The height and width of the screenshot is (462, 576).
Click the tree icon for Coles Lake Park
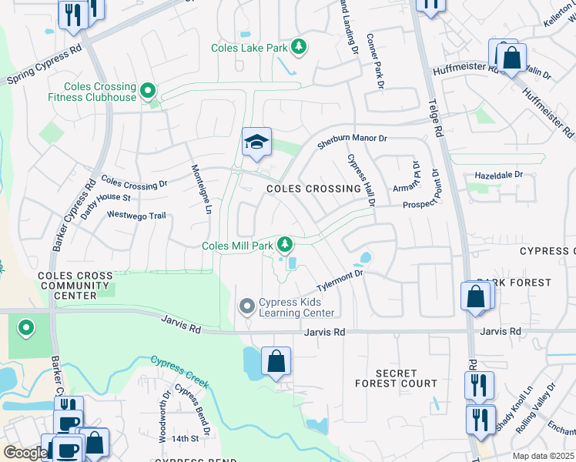tap(298, 48)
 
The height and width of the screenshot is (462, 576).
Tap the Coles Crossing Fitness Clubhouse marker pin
tap(149, 92)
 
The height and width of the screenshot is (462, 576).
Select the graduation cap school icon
tap(256, 142)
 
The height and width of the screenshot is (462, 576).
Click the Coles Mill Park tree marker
tap(286, 246)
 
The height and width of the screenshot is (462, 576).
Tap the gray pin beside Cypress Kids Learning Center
tap(247, 307)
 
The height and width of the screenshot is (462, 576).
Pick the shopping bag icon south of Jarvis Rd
tap(276, 361)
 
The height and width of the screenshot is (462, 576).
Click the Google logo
tap(25, 453)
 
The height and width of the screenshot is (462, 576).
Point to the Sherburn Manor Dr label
tap(352, 142)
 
